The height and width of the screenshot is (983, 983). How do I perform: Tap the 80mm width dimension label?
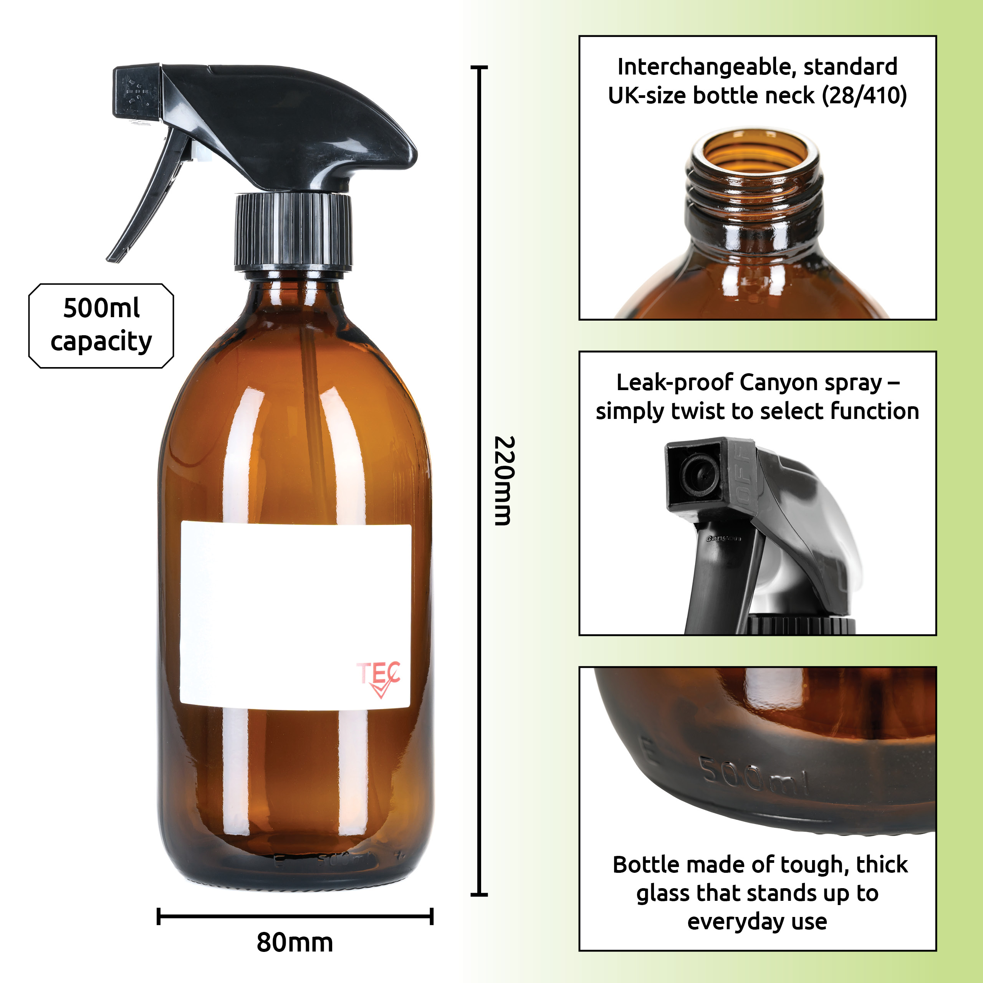[295, 942]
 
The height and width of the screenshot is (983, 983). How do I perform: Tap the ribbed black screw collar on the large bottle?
[293, 232]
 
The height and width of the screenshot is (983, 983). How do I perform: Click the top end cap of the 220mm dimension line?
[479, 67]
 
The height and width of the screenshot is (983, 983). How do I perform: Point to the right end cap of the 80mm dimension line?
[432, 916]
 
